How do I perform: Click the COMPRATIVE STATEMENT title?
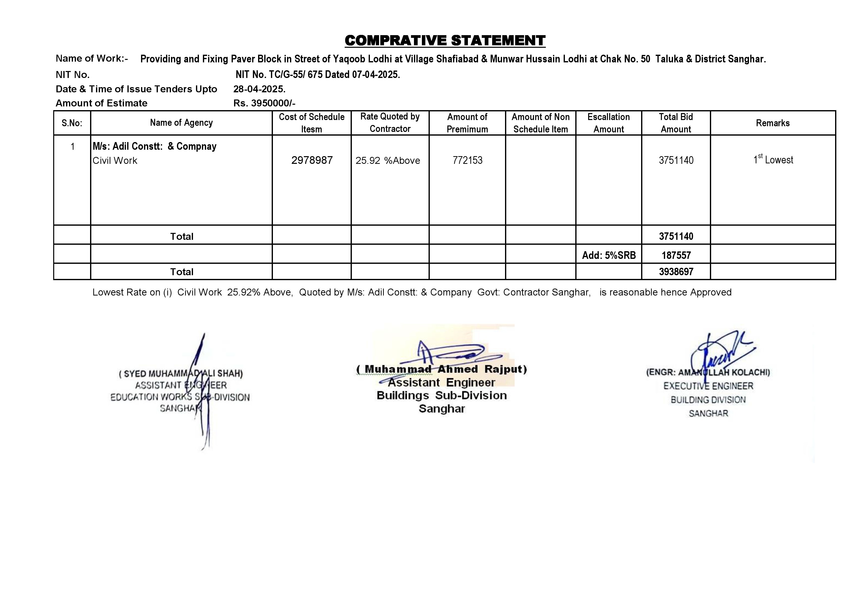point(445,40)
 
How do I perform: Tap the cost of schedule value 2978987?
point(312,160)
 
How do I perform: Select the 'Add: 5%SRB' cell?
point(609,255)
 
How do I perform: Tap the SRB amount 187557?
point(676,255)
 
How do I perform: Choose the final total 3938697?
point(676,271)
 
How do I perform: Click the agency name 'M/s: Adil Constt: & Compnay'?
point(155,146)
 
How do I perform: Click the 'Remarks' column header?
point(773,123)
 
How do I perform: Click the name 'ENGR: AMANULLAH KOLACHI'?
point(708,372)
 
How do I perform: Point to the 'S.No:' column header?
point(72,123)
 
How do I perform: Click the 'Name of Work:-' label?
point(92,59)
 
